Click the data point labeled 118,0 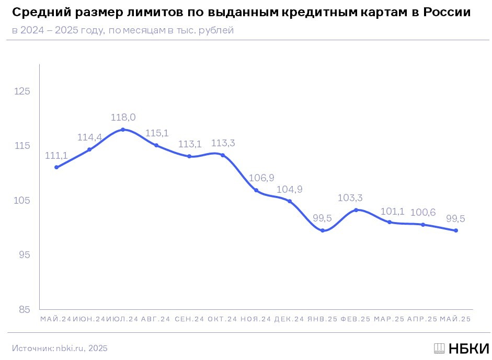pos(123,130)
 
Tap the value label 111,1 pos(56,156)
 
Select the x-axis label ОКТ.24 pos(222,319)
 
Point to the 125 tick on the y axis pos(22,91)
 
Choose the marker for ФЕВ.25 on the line pos(356,210)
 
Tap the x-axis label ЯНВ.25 pos(323,319)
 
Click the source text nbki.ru pos(70,348)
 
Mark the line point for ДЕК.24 pos(290,201)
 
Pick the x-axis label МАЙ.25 pos(455,319)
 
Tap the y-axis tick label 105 pos(22,201)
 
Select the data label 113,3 pos(223,143)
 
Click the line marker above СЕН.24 pos(189,156)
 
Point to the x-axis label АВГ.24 pos(155,319)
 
